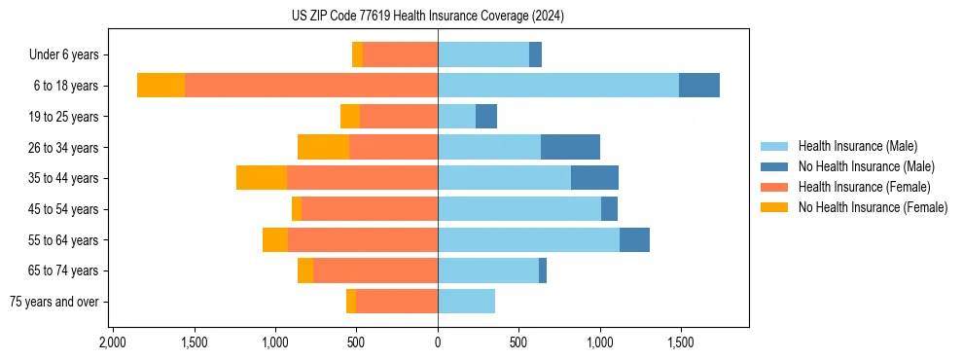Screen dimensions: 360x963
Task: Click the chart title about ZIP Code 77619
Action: coord(428,16)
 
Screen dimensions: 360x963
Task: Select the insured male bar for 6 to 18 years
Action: coord(558,86)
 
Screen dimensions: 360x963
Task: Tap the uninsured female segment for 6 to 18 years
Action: coord(160,86)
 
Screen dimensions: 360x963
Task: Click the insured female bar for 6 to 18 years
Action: coord(311,86)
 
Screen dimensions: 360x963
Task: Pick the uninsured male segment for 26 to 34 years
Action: coord(570,147)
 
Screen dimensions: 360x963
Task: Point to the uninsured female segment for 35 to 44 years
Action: coord(261,178)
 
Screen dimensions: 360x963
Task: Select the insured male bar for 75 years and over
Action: coord(466,302)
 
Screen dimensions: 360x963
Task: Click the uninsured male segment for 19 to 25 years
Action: coord(486,117)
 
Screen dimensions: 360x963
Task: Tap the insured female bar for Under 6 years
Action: coord(400,54)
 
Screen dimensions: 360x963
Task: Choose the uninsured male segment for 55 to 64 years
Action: coord(634,239)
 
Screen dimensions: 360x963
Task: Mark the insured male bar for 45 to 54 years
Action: coord(519,209)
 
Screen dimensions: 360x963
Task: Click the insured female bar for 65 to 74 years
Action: coord(375,270)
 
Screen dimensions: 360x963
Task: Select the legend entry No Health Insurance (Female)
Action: coord(873,207)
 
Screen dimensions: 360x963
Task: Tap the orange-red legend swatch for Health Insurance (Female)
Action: coord(774,187)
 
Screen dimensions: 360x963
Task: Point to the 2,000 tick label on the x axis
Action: coord(113,343)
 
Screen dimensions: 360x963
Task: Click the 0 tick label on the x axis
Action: coord(438,343)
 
